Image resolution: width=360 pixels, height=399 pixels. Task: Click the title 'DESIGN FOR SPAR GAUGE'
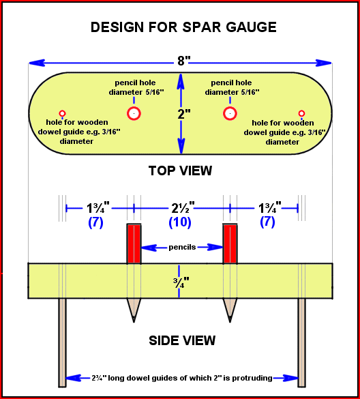click(183, 27)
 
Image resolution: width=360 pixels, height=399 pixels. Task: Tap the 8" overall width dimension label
click(183, 61)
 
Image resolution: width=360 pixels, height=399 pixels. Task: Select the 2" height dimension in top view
click(184, 114)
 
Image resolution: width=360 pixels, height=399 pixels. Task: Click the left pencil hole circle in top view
click(134, 113)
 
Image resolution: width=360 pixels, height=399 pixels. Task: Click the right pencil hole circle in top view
click(230, 113)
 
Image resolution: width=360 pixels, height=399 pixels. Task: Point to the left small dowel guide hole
click(62, 113)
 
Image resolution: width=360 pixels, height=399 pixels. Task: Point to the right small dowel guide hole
click(301, 113)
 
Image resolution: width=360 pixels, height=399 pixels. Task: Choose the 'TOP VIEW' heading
click(180, 171)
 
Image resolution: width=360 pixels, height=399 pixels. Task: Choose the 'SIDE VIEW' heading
click(182, 340)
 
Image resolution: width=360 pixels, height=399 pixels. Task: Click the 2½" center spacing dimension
click(183, 208)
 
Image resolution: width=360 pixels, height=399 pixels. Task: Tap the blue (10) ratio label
click(180, 222)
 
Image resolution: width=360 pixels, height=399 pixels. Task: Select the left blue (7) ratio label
click(95, 222)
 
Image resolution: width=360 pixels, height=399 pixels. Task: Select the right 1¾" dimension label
click(270, 207)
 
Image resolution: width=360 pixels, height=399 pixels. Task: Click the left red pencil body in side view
click(134, 243)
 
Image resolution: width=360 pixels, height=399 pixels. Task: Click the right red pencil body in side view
click(230, 243)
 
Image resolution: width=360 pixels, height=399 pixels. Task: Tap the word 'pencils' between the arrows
click(182, 247)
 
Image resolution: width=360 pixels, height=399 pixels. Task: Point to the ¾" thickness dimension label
click(181, 282)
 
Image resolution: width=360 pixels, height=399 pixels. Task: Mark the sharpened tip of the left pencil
click(134, 322)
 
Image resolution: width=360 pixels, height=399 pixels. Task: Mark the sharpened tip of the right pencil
click(230, 322)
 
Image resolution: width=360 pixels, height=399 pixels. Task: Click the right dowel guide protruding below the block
click(302, 343)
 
